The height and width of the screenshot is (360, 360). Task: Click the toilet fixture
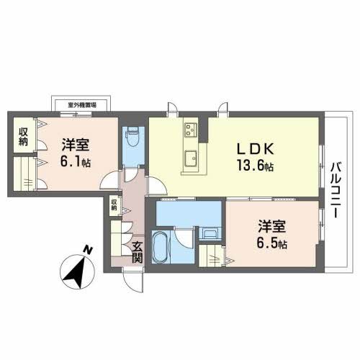click(x=132, y=137)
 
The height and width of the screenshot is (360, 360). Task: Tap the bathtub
click(x=161, y=246)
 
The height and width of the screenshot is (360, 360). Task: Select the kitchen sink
click(x=191, y=158)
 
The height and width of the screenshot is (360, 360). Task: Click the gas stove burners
click(x=191, y=130)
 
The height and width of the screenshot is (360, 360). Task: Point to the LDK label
click(x=256, y=149)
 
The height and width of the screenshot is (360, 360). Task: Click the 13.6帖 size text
click(x=256, y=166)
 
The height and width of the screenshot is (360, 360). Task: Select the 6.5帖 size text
click(x=272, y=243)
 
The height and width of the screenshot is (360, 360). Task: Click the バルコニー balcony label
click(x=336, y=190)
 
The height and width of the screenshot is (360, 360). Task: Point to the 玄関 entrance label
click(x=138, y=252)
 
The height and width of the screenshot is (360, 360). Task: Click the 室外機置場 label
click(x=82, y=105)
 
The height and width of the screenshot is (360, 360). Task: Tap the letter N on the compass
click(x=88, y=250)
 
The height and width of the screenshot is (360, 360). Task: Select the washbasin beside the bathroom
click(x=210, y=233)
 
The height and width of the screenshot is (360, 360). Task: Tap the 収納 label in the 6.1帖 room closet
click(x=24, y=137)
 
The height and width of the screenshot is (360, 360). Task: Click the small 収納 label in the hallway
click(x=114, y=205)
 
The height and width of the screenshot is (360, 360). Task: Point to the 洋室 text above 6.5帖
click(x=272, y=227)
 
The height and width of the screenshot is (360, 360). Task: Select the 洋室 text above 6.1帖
click(x=76, y=145)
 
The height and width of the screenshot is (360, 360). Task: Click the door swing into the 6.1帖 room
click(x=110, y=180)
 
